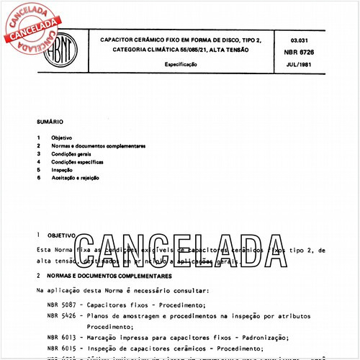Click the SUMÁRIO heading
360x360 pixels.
point(51,122)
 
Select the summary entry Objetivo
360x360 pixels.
point(60,138)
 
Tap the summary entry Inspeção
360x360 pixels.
point(61,169)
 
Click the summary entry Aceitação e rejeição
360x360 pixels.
point(75,177)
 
